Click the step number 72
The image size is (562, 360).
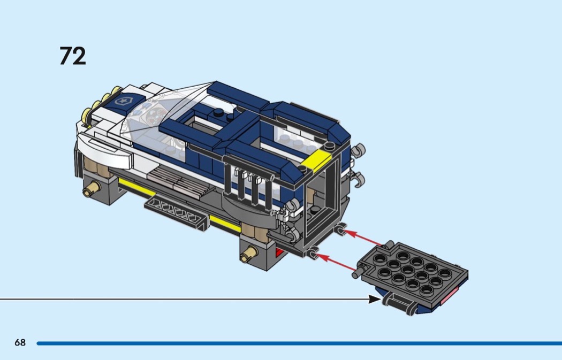coord(73,56)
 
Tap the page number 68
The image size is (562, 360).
coord(20,342)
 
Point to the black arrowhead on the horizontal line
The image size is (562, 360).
coord(375,299)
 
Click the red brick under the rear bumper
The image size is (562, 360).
coord(279,252)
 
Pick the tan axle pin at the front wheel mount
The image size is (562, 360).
coord(92,188)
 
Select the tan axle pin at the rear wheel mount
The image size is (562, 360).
coord(249,254)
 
